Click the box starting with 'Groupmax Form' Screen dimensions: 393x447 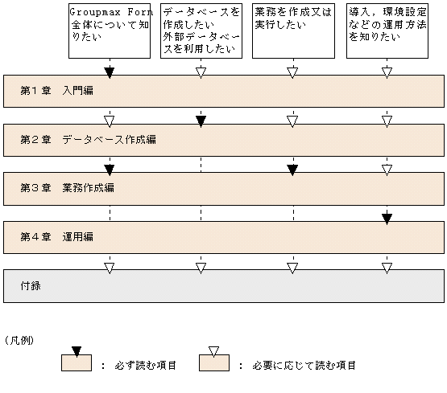(110, 31)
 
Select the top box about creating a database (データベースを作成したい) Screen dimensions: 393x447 (201, 31)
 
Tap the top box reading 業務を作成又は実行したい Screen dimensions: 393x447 (293, 31)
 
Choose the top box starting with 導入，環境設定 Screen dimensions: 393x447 (387, 31)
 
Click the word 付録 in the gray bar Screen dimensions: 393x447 (32, 285)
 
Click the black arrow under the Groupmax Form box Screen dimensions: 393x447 (110, 72)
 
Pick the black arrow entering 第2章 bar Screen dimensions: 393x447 (201, 121)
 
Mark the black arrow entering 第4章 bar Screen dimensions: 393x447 (387, 218)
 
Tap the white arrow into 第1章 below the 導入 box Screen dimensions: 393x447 (387, 72)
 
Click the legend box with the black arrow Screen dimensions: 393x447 (77, 362)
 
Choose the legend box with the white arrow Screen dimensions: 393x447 (213, 362)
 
